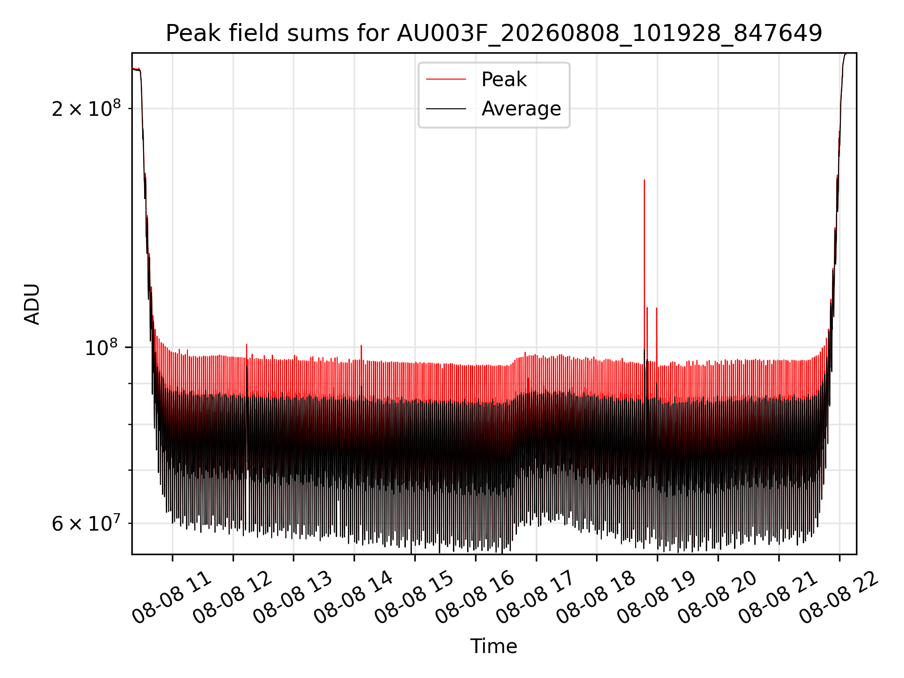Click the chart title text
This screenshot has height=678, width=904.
click(494, 33)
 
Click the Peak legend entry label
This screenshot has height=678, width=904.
click(504, 80)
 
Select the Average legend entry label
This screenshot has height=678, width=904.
click(521, 109)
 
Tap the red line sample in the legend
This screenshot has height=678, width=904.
click(446, 80)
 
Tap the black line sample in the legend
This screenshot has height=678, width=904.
click(446, 109)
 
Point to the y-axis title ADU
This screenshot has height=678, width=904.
click(32, 304)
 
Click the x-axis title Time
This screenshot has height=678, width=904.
click(494, 646)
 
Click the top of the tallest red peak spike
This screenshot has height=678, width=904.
click(644, 180)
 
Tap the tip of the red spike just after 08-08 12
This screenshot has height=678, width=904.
click(246, 344)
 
